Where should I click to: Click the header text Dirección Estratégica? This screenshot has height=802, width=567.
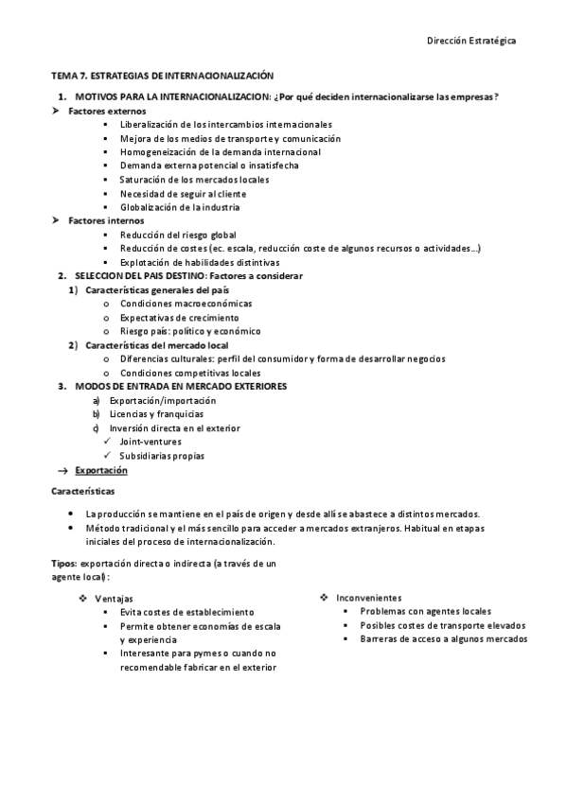point(471,41)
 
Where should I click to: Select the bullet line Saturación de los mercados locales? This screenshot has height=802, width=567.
point(194,180)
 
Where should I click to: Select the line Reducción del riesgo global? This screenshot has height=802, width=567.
point(185,235)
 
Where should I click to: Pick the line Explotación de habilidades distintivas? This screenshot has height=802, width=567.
point(200,262)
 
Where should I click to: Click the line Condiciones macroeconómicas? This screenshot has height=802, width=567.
point(186,304)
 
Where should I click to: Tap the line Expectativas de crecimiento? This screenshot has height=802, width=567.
point(179,318)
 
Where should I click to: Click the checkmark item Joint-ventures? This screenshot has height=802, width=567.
point(151,442)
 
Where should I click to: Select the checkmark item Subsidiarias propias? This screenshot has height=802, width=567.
point(162,456)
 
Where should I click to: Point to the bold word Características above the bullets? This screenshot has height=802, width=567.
point(82,493)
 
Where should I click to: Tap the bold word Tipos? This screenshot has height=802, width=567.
point(63,563)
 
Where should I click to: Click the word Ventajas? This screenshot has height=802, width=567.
point(114,599)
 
